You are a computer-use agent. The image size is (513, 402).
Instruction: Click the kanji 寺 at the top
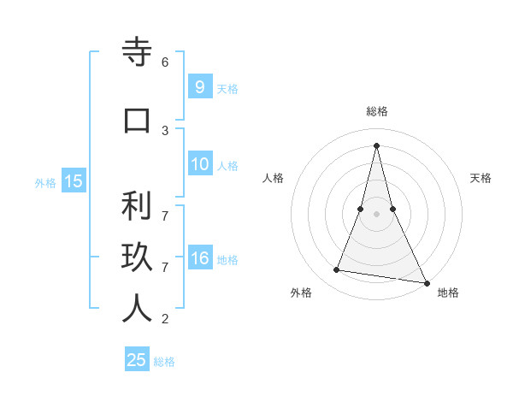coord(137,52)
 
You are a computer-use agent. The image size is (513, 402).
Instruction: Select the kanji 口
coord(137,120)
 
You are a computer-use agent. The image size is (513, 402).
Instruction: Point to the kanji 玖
coord(137,257)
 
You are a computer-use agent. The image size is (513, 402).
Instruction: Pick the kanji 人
coord(137,309)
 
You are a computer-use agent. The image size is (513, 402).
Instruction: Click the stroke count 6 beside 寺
coord(165,62)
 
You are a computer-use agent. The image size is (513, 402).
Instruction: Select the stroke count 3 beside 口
coord(165,130)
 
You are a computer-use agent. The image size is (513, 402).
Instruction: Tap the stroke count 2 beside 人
coord(165,319)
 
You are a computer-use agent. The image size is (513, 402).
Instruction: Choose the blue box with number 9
coord(199,87)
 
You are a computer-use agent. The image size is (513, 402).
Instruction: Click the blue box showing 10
coord(199,165)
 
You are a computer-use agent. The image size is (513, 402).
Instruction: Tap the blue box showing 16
coord(199,258)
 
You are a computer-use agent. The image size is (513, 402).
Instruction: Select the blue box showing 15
coord(73,181)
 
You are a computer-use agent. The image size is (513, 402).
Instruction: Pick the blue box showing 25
coord(137,360)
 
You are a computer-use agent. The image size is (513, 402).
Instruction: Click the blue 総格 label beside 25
coord(164,362)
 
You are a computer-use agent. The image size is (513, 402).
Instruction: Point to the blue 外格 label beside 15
coord(45,182)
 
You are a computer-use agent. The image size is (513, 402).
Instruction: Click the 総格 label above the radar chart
coord(377,111)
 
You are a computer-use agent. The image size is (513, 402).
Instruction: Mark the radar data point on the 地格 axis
coord(426,282)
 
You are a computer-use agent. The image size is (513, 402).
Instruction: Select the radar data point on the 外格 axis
coord(337,270)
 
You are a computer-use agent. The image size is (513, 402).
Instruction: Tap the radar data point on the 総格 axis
coord(377,145)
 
